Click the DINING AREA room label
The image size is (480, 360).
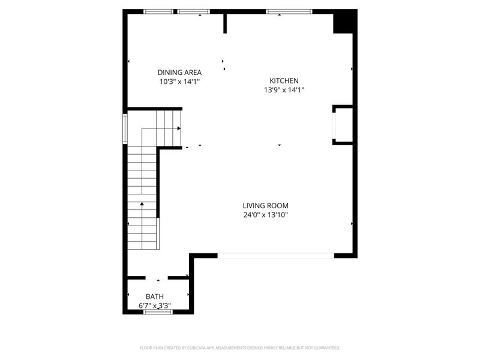(179, 72)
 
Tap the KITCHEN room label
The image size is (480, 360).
(284, 80)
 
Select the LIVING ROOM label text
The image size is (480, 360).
(265, 205)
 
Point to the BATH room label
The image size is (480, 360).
(155, 296)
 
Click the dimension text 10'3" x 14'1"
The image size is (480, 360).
(179, 81)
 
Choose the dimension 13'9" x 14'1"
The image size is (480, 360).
(284, 90)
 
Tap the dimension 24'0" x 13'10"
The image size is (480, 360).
(265, 215)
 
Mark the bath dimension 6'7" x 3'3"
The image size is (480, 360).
(155, 305)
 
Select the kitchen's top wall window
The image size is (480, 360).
(289, 11)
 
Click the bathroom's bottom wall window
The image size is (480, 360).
(158, 311)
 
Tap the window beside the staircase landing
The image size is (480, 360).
(125, 127)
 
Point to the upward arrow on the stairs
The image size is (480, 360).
(142, 205)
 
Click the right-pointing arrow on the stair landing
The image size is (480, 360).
(179, 128)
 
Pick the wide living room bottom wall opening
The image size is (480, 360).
(275, 256)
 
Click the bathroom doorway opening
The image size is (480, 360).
(157, 278)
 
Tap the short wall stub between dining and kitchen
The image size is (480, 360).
(225, 23)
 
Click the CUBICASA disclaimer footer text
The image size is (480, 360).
(240, 347)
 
